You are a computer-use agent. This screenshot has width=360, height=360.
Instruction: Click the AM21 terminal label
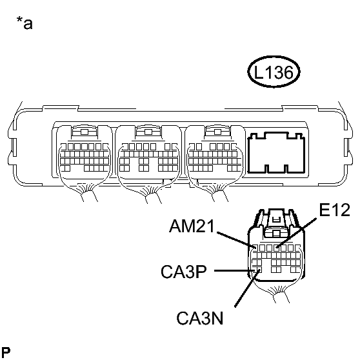(192, 226)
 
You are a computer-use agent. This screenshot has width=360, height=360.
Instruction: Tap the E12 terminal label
(334, 210)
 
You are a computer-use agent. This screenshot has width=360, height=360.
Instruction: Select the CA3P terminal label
(184, 272)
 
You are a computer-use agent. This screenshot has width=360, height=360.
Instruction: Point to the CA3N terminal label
(200, 318)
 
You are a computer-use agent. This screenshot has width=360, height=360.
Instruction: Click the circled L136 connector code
(274, 72)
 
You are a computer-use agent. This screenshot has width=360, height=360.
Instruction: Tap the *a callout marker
(25, 23)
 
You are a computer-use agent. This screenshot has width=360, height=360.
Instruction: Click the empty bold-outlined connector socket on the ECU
(276, 153)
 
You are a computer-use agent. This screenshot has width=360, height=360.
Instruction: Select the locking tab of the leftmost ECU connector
(85, 132)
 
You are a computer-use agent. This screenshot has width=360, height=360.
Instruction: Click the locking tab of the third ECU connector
(217, 132)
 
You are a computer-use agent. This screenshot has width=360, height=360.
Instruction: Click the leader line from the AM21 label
(236, 240)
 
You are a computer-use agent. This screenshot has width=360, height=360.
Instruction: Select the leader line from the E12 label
(296, 232)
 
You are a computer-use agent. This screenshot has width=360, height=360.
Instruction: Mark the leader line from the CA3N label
(248, 288)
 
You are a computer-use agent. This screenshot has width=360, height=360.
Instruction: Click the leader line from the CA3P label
(235, 270)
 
